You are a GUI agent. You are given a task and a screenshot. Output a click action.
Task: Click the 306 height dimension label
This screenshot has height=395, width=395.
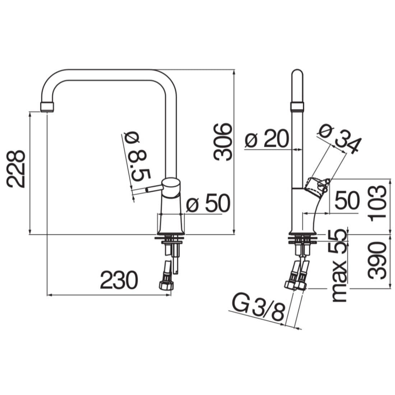(222, 141)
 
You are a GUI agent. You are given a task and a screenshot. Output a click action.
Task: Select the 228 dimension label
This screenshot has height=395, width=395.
(16, 169)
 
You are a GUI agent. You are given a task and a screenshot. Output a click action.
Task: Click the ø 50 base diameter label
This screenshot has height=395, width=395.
(208, 203)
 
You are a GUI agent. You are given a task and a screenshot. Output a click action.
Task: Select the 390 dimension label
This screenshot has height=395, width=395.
(377, 260)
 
